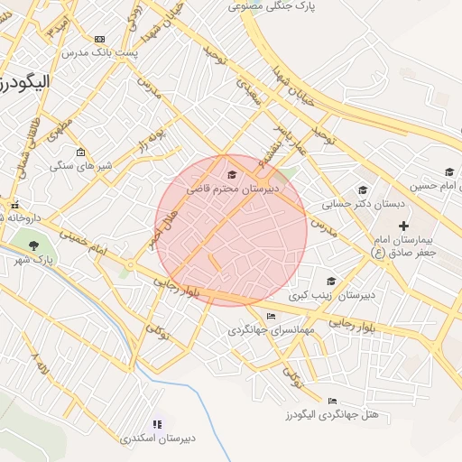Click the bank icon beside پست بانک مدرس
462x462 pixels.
pyautogui.click(x=98, y=39)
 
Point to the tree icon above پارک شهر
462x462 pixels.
pyautogui.click(x=34, y=245)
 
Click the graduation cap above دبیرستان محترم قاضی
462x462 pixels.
pyautogui.click(x=232, y=174)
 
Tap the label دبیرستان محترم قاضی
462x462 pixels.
pyautogui.click(x=233, y=189)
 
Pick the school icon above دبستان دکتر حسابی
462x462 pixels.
pyautogui.click(x=363, y=189)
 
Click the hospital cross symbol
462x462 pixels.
pyautogui.click(x=403, y=225)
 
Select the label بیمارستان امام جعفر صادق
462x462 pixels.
pyautogui.click(x=405, y=245)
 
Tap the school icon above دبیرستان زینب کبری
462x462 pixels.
pyautogui.click(x=331, y=281)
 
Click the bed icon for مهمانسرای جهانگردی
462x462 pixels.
pyautogui.click(x=271, y=316)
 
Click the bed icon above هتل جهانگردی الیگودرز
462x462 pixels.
pyautogui.click(x=332, y=401)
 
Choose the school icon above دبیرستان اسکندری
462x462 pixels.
pyautogui.click(x=158, y=422)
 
